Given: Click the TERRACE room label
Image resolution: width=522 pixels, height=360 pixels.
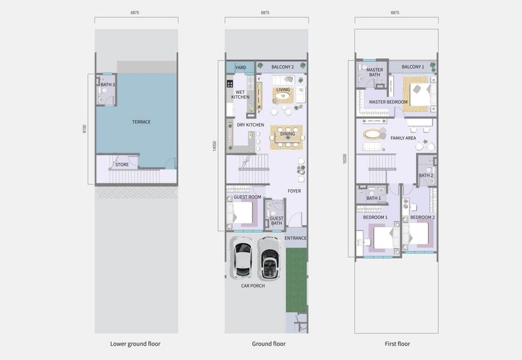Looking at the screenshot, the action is tap(141, 122).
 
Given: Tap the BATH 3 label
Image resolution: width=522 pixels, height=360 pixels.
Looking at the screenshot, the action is tap(108, 85).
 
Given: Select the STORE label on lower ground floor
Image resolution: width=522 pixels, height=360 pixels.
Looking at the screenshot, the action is tap(122, 164).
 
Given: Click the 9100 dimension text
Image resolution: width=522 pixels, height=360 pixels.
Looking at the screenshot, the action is tap(85, 129).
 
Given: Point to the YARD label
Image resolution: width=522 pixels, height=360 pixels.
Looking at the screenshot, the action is tap(241, 68).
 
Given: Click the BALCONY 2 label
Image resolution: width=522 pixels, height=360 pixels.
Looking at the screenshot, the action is tap(283, 67).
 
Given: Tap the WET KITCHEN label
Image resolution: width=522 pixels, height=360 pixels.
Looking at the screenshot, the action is tap(240, 95).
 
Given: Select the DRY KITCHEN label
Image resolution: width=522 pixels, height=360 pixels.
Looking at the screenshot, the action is tap(251, 125).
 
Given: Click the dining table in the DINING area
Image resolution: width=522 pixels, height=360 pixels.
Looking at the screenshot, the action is tap(287, 137).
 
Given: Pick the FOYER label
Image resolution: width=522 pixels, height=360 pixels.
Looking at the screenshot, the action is tap(294, 191).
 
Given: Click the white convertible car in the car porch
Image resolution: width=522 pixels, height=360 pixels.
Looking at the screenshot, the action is tap(269, 258).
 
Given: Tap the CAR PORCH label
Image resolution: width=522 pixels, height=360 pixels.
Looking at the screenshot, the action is tap(253, 286).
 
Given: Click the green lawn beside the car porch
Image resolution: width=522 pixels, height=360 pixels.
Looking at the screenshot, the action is tap(296, 280).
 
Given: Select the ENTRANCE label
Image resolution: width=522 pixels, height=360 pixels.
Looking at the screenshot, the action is tap(296, 238).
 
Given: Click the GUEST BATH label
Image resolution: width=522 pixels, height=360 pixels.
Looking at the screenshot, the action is tap(276, 220).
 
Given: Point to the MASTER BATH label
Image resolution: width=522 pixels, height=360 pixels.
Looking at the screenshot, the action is tap(375, 72).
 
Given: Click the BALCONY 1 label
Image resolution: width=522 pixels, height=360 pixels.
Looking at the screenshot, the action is tap(413, 67).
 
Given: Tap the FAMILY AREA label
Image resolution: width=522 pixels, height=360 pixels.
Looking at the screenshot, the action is tap(403, 138).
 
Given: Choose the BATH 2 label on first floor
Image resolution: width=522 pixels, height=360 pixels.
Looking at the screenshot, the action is tap(426, 175).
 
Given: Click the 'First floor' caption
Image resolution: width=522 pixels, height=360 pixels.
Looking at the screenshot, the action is tap(397, 344).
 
